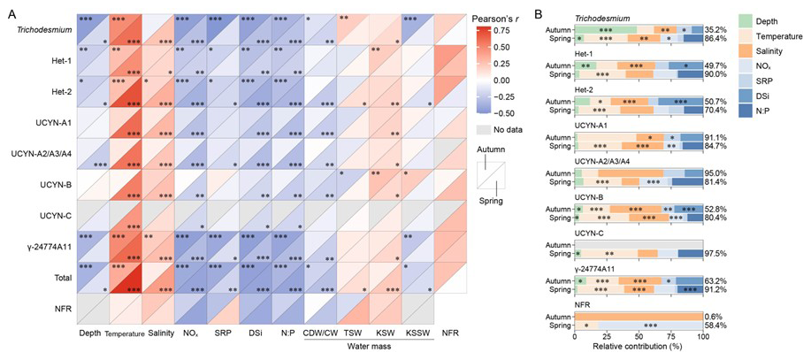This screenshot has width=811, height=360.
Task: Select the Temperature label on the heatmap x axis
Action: click(x=132, y=333)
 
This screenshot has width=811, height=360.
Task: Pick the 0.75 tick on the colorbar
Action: click(x=506, y=30)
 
